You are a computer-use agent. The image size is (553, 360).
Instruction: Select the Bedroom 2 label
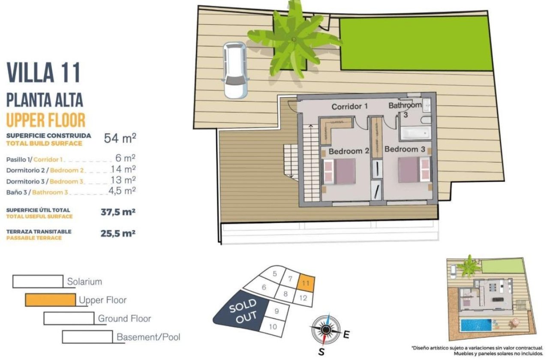tap(349, 151)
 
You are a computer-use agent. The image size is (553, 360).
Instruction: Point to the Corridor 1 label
tap(350, 106)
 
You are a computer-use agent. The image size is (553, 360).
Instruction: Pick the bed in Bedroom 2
tap(339, 171)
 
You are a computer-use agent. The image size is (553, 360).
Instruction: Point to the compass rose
tap(326, 329)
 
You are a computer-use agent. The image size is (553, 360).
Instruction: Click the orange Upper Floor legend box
tap(50, 300)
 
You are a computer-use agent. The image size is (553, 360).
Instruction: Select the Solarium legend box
tap(38, 281)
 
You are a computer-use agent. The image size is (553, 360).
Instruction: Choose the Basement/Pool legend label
tap(148, 337)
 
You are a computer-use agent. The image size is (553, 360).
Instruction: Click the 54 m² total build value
tap(120, 138)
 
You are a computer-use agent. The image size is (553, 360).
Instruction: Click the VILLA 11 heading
tap(44, 72)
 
